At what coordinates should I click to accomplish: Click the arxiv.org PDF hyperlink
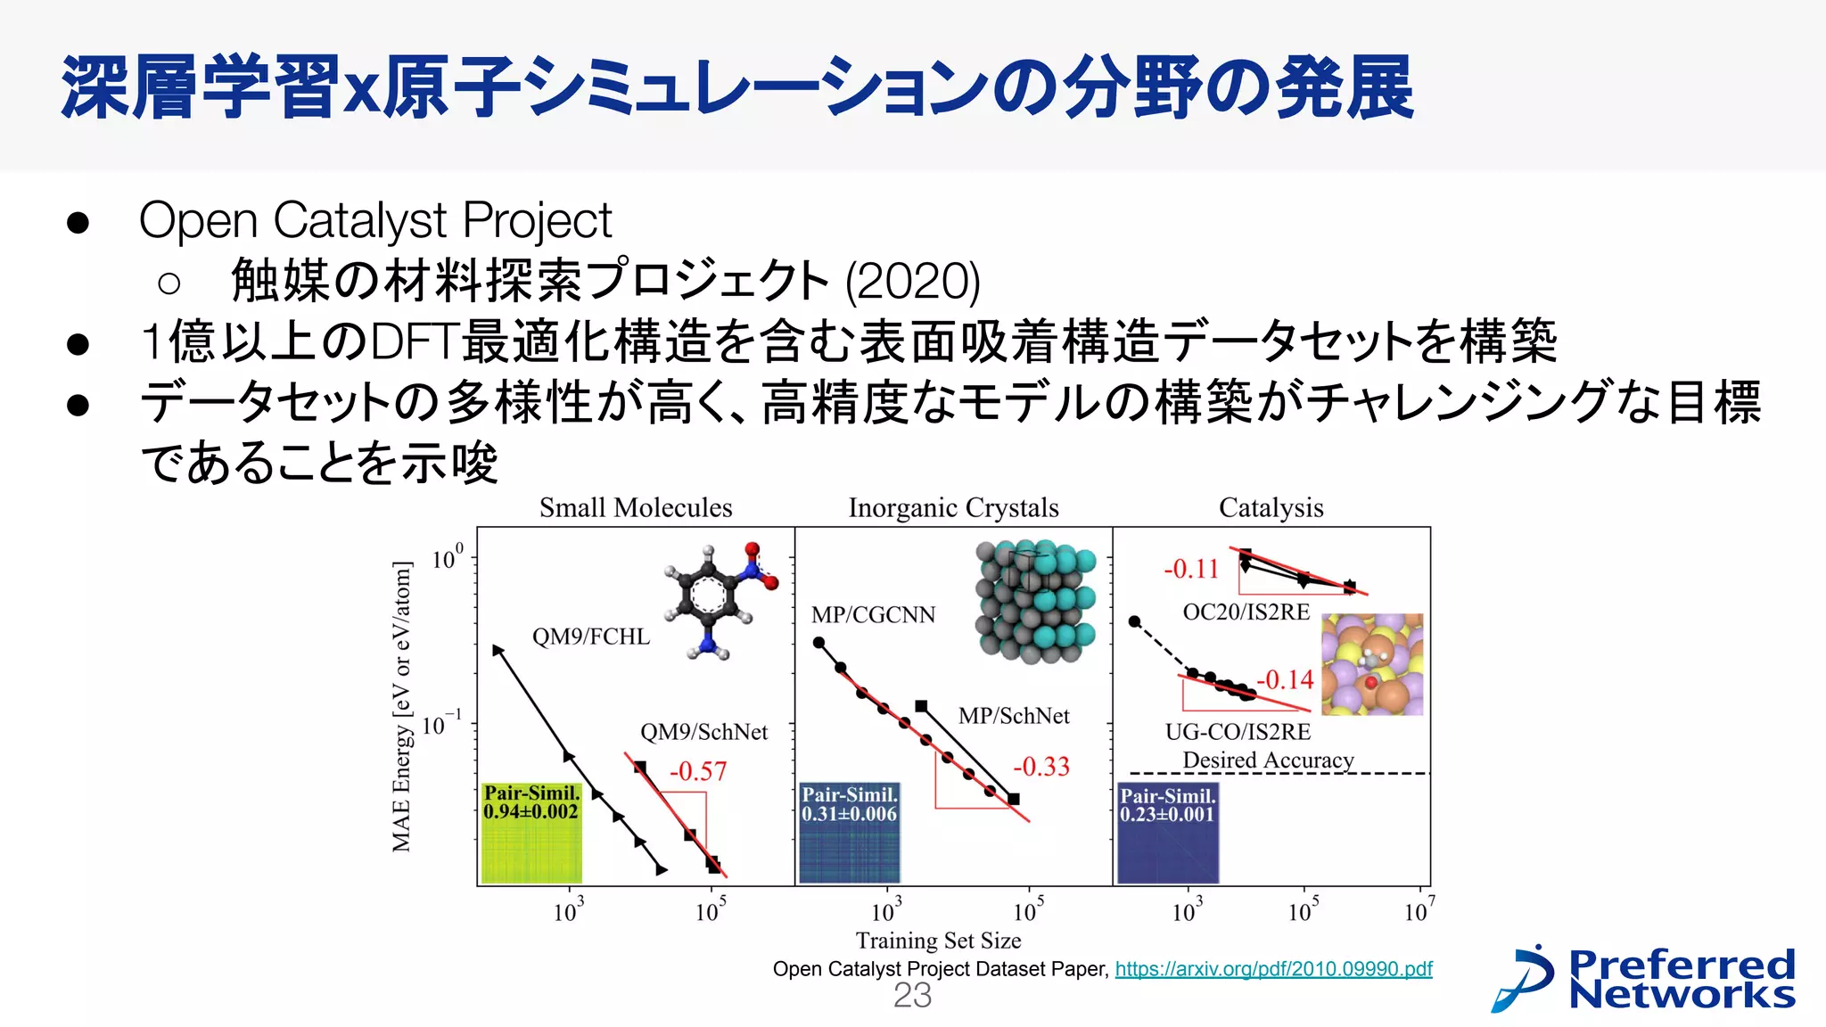point(1273,969)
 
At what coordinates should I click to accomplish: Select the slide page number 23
point(912,996)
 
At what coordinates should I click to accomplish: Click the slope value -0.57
point(698,771)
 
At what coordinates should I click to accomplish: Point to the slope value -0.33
point(1040,767)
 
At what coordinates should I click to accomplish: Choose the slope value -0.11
point(1191,569)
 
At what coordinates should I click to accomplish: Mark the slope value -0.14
point(1285,680)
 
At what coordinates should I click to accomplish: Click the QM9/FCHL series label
point(591,637)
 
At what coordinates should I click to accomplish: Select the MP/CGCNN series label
point(873,615)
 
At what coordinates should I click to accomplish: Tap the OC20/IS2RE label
point(1246,612)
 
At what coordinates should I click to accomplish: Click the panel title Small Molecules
point(636,508)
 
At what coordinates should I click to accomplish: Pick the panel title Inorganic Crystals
point(953,508)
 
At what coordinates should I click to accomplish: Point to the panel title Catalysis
point(1271,508)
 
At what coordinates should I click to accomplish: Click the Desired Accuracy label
point(1268,760)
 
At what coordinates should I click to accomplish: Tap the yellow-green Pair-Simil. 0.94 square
point(531,833)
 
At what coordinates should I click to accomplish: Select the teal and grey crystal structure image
point(1035,600)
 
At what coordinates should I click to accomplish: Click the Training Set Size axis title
point(938,941)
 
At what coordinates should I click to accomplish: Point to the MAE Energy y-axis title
point(402,706)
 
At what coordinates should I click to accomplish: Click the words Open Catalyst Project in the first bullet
point(375,220)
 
